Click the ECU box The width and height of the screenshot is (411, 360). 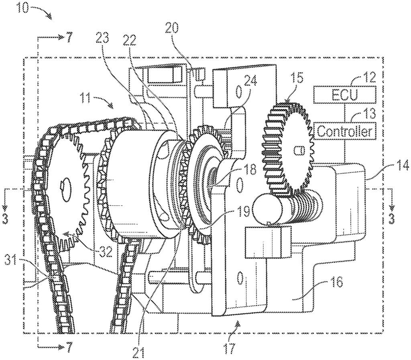coord(344,95)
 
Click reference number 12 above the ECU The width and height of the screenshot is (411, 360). coord(369,77)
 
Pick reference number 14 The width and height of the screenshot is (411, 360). coord(400,158)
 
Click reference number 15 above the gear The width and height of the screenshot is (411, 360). coord(298,78)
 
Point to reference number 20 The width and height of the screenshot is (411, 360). coord(171,28)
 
